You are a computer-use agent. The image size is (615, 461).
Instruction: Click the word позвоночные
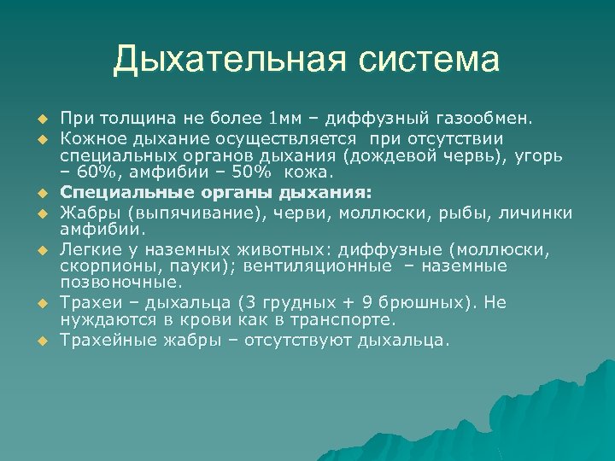pos(120,281)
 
